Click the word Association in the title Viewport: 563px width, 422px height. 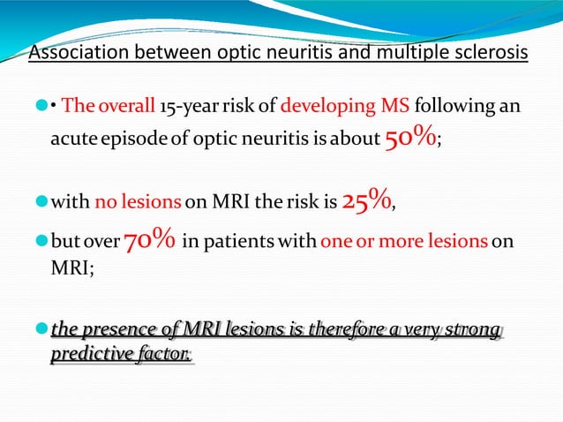(77, 54)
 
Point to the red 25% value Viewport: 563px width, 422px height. (366, 203)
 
